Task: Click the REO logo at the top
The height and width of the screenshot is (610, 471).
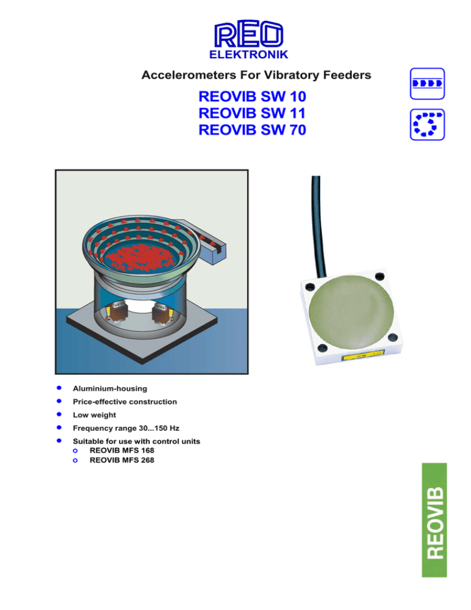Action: [249, 36]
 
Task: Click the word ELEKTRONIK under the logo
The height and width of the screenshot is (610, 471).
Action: [249, 56]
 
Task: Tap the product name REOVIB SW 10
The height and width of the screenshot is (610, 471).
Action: [252, 97]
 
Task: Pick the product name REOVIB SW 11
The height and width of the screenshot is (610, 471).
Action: [252, 113]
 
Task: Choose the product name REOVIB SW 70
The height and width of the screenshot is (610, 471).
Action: [252, 129]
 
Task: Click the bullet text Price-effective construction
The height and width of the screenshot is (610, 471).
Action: [124, 401]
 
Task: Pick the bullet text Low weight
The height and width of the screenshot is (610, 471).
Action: [94, 415]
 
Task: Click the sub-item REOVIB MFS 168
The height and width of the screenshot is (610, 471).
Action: [121, 450]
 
